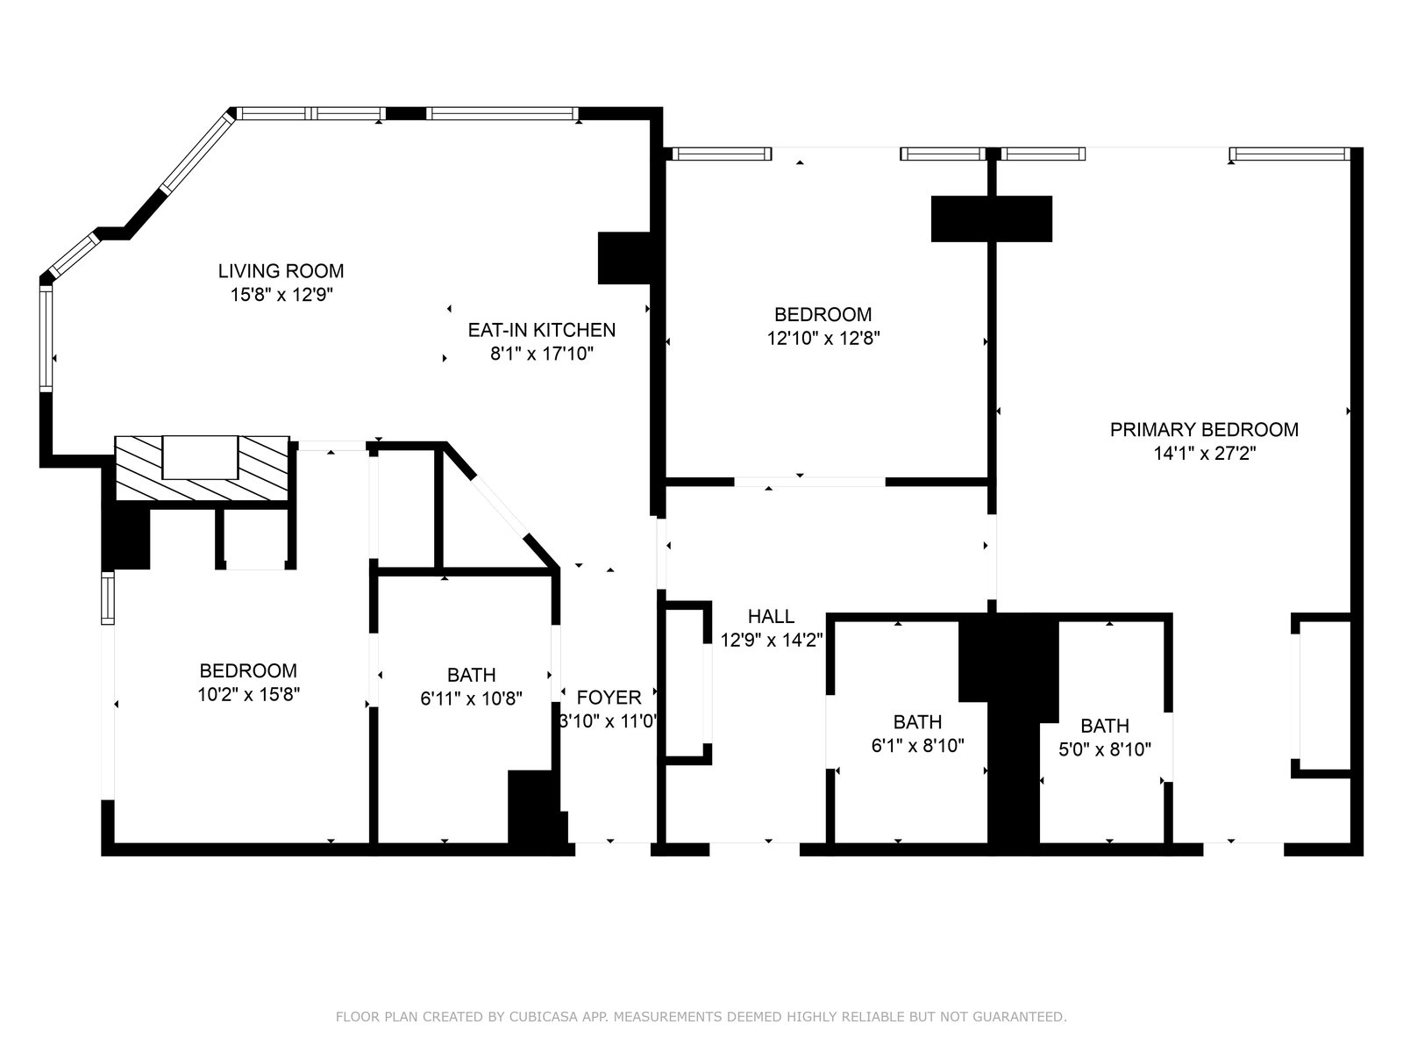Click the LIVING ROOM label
[281, 271]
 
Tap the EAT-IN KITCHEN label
[541, 330]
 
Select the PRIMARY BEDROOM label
[1204, 430]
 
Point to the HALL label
[771, 616]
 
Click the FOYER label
[609, 698]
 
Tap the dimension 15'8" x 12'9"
[281, 295]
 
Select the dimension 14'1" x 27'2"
[1204, 454]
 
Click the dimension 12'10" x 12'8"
[823, 338]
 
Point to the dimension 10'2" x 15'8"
[249, 694]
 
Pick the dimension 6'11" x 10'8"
[471, 698]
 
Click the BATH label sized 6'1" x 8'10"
[917, 722]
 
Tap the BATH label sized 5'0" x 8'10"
[1105, 726]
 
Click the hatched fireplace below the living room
[202, 469]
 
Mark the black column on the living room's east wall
[623, 258]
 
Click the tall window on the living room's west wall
[46, 338]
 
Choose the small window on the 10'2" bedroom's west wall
[107, 598]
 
